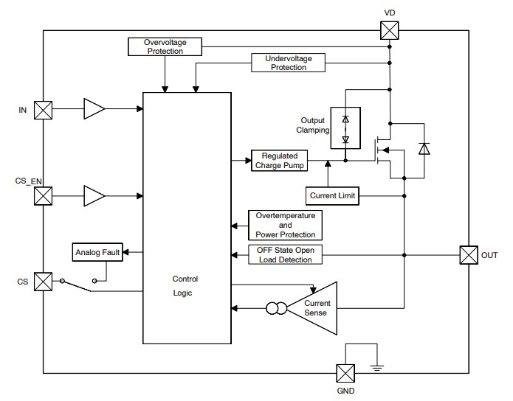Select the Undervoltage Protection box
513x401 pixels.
[289, 63]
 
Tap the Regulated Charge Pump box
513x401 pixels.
[279, 161]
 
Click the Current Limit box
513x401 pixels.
[332, 196]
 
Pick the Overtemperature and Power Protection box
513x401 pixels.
[285, 225]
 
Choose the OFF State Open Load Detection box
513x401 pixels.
[285, 255]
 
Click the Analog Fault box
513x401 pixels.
[97, 253]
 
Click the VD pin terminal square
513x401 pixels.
[389, 30]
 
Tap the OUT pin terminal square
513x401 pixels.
[469, 255]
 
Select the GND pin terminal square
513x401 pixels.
[345, 373]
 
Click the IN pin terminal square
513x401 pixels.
[44, 109]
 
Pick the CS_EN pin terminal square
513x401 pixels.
[44, 196]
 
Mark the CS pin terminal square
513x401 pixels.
[44, 282]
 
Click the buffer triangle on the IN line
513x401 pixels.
[94, 109]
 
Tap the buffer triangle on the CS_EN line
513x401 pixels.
[94, 196]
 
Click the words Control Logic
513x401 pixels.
[185, 286]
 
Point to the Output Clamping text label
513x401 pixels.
[312, 125]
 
